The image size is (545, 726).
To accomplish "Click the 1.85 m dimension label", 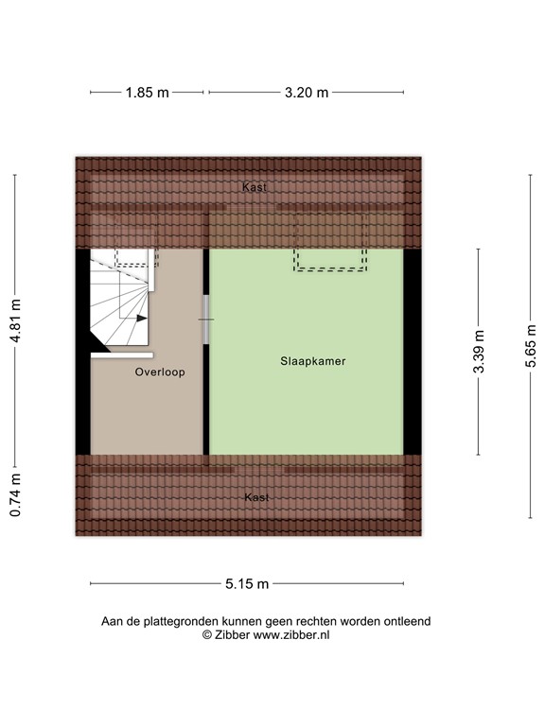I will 147,93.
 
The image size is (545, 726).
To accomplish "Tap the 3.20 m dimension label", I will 307,93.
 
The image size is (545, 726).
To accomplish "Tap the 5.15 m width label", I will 247,583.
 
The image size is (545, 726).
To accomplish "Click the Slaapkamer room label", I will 306,361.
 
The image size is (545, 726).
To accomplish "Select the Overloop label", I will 159,372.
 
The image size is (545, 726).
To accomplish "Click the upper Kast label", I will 254,187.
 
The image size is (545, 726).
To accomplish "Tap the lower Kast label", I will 255,497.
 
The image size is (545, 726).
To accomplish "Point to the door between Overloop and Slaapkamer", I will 205,320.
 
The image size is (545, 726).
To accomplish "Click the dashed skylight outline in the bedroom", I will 329,268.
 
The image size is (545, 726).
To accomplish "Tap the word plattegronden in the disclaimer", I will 179,622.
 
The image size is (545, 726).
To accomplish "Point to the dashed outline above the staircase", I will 133,256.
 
